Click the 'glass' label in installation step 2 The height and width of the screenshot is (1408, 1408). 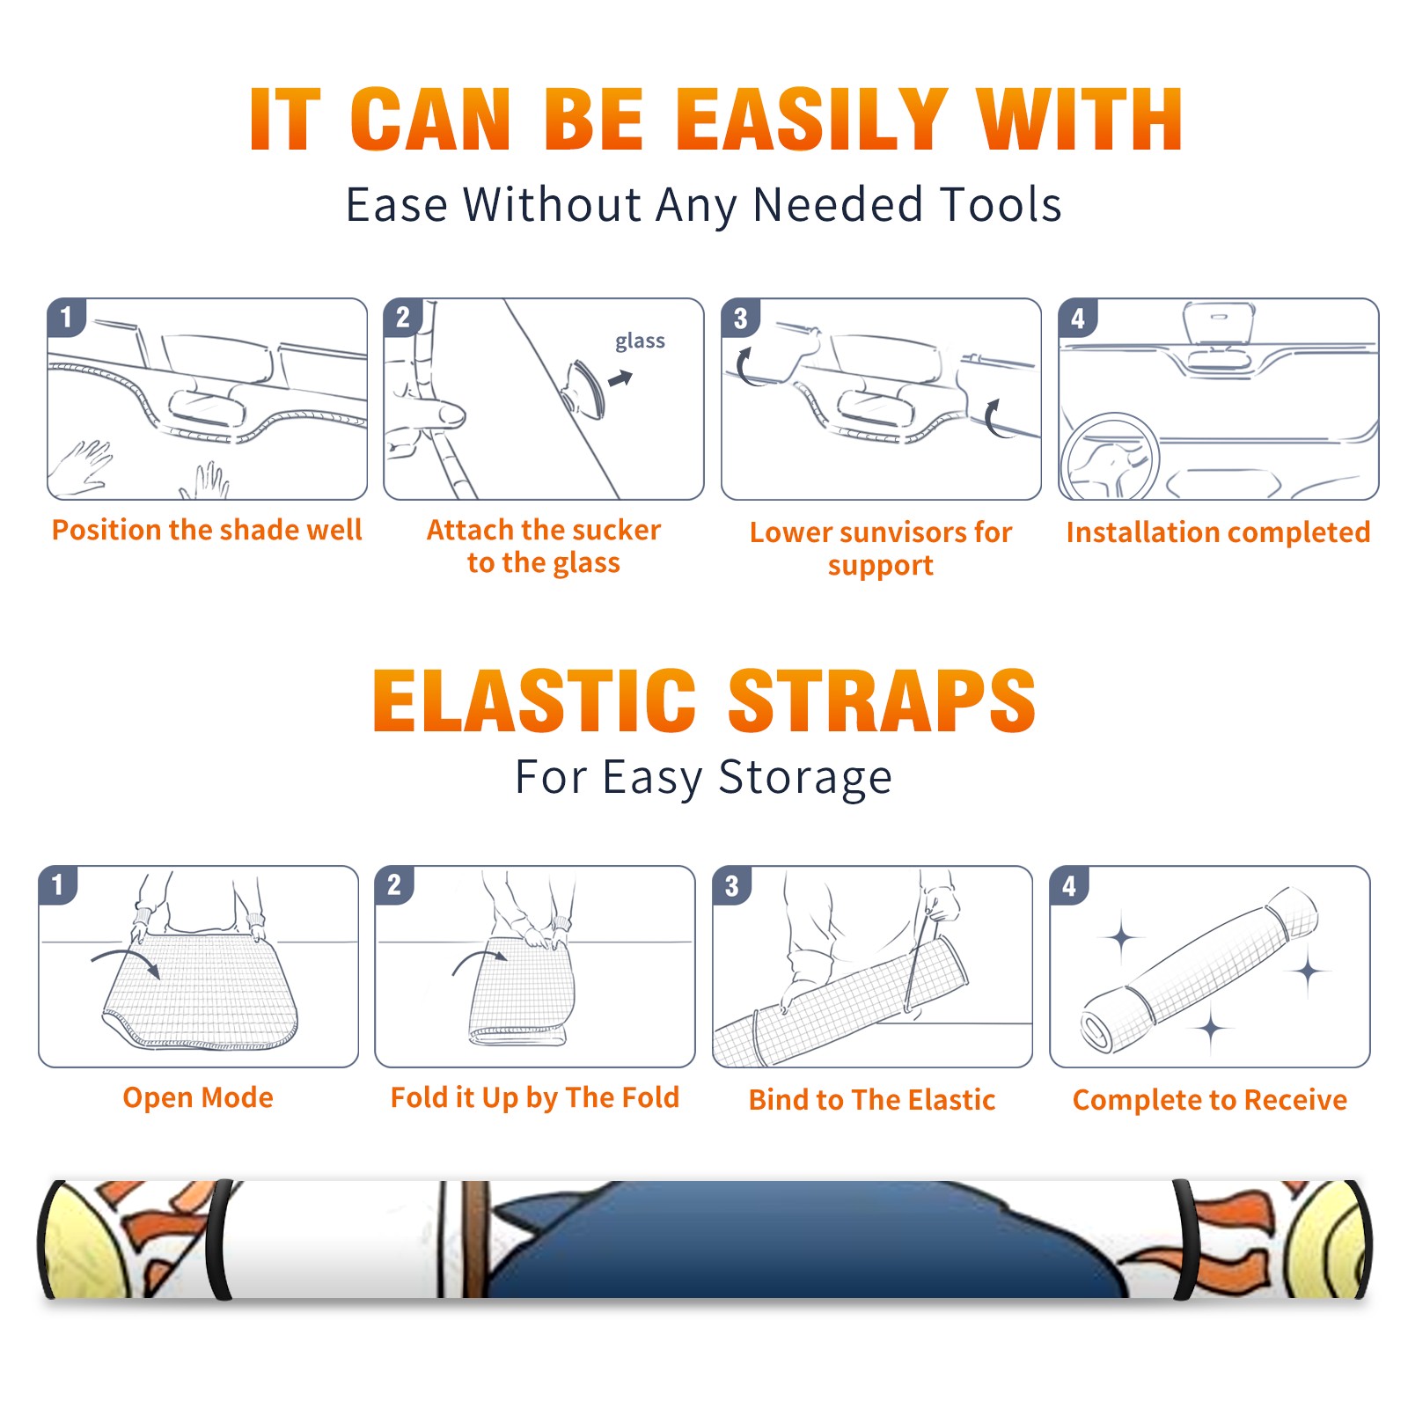click(x=640, y=341)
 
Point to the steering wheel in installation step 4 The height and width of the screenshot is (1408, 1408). click(x=1111, y=457)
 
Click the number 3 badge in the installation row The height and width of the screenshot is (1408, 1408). click(x=740, y=318)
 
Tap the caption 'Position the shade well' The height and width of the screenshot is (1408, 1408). click(x=207, y=530)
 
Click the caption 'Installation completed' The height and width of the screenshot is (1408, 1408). click(x=1218, y=532)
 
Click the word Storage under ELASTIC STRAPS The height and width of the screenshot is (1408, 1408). click(x=805, y=778)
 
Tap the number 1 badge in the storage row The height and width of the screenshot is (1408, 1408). click(x=58, y=884)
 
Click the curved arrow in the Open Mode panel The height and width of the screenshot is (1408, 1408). click(x=125, y=959)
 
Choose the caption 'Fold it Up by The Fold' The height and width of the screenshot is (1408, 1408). click(x=535, y=1097)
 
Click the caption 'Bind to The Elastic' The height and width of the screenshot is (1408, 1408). click(x=872, y=1100)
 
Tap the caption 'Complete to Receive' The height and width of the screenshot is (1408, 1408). click(x=1210, y=1100)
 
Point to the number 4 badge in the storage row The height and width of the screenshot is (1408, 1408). click(x=1069, y=885)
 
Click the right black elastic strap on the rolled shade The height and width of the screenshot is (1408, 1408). click(x=1184, y=1239)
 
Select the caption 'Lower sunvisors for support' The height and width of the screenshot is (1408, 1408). click(x=881, y=548)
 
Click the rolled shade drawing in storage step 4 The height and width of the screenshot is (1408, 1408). click(x=1199, y=970)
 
